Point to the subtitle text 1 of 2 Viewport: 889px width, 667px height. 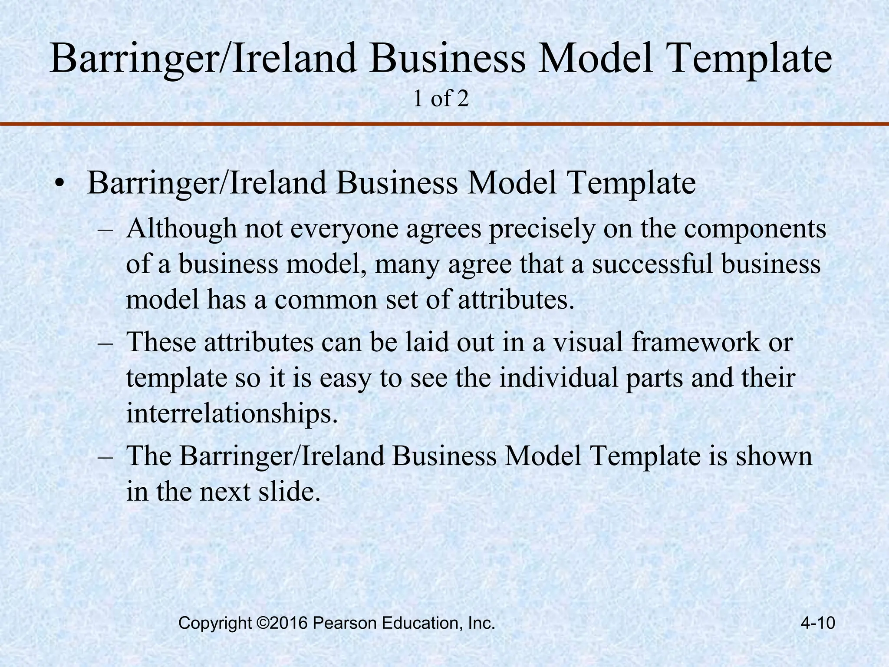point(441,99)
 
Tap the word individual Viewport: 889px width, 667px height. point(558,378)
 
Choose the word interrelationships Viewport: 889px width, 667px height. point(231,414)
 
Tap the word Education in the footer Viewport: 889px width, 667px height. point(421,623)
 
